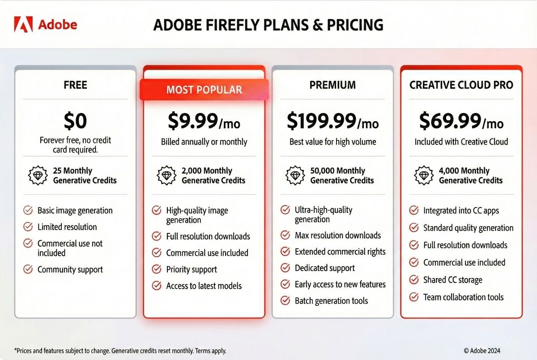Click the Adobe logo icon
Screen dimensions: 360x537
(22, 24)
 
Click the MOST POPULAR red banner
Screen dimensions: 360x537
(204, 89)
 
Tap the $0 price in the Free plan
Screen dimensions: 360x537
(75, 121)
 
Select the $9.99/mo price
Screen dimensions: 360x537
(204, 121)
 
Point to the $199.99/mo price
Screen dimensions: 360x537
(332, 121)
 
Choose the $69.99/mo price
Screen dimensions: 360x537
(461, 121)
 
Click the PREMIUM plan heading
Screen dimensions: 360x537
(332, 85)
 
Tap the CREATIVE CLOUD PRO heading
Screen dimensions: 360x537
(461, 85)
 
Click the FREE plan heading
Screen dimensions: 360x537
(75, 85)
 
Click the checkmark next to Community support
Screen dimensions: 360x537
(28, 269)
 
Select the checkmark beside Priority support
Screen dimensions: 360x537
(157, 269)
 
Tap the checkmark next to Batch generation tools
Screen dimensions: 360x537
(285, 301)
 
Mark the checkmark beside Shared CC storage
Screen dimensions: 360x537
(414, 280)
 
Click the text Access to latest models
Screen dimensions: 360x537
(204, 286)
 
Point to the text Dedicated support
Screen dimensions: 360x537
(324, 268)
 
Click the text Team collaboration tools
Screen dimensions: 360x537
(463, 297)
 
